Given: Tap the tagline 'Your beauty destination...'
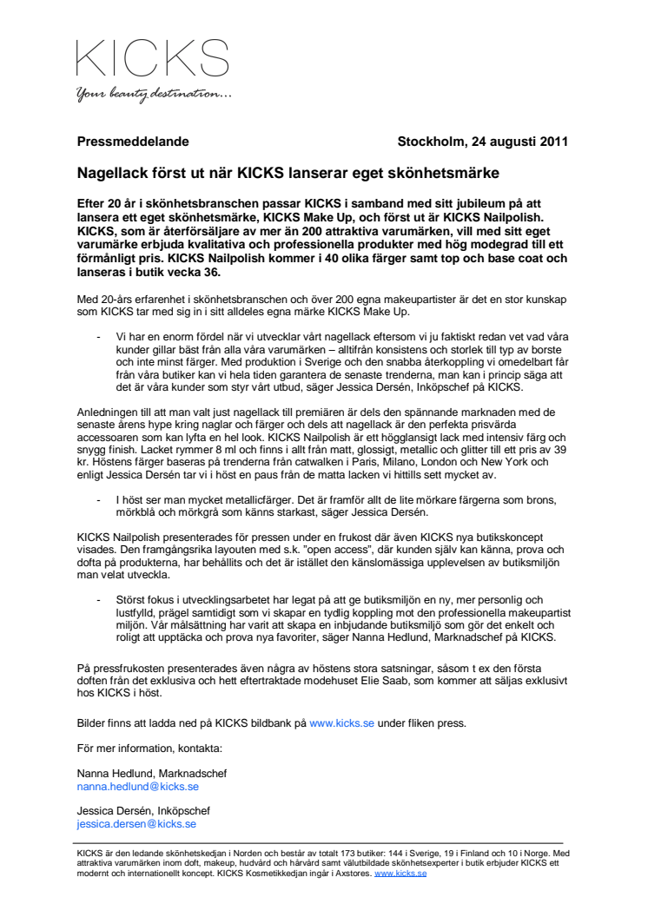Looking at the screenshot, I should click(x=153, y=95).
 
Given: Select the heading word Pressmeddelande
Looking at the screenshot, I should click(x=133, y=142).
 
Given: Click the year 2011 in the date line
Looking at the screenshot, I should click(x=553, y=142).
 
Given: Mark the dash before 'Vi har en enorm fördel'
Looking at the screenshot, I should click(x=96, y=335).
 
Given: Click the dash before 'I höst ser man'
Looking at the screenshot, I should click(x=96, y=501).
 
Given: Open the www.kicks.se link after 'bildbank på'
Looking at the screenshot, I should click(x=342, y=722).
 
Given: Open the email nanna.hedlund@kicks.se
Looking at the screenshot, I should click(x=138, y=786).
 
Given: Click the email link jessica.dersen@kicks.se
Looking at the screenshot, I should click(x=136, y=823).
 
